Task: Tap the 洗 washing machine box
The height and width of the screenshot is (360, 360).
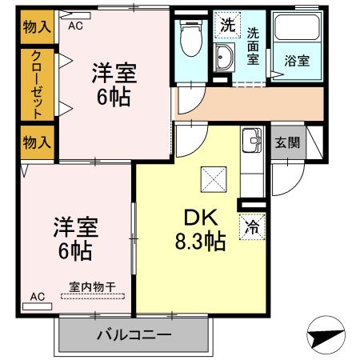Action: click(x=228, y=25)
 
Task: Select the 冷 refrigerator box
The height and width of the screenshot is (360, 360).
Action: click(x=252, y=226)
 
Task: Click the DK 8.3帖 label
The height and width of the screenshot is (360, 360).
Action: click(x=200, y=229)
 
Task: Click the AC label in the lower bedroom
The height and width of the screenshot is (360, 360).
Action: click(x=37, y=297)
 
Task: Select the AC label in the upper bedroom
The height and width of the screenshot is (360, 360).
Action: click(x=76, y=26)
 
